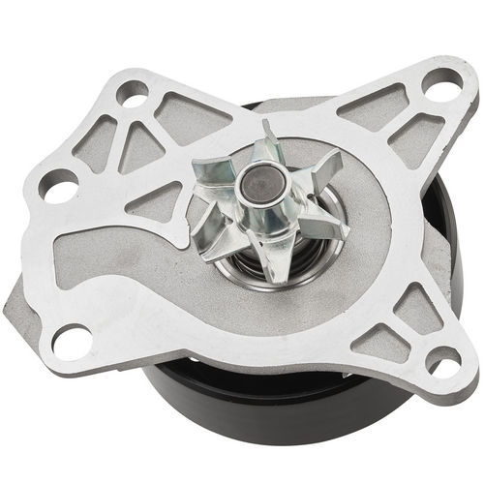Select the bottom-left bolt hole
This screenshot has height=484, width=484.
point(72,340)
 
